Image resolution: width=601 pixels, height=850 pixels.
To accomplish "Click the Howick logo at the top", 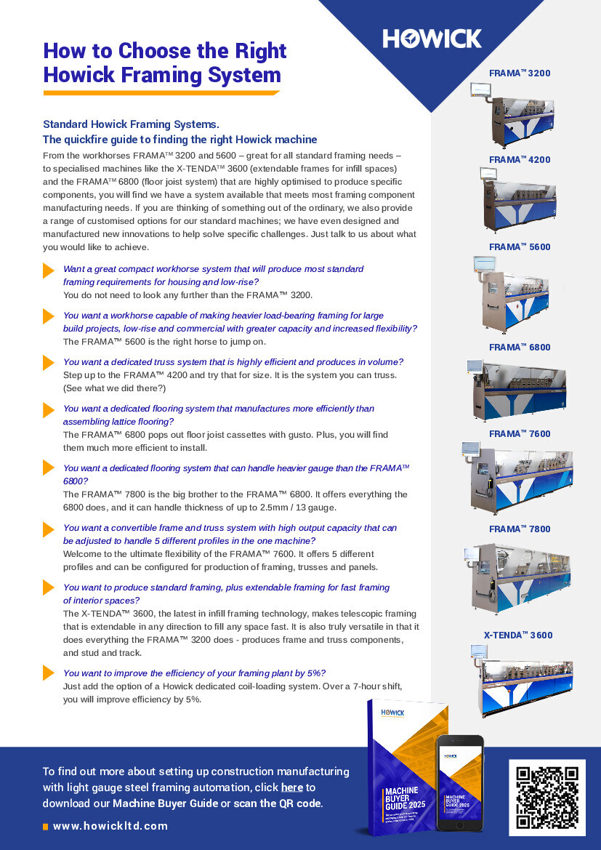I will [432, 39].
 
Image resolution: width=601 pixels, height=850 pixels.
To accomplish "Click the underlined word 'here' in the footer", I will [291, 787].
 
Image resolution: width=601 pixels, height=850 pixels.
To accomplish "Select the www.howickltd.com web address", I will [110, 826].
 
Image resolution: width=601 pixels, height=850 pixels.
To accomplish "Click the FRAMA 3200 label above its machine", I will [520, 73].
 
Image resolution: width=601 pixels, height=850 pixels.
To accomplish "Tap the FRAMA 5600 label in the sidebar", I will [520, 247].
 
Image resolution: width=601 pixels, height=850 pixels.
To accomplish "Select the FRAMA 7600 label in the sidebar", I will [520, 434].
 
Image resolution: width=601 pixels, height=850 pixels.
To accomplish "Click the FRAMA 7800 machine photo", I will [519, 575].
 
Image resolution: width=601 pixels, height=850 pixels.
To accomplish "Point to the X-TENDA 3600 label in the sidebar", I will [518, 636].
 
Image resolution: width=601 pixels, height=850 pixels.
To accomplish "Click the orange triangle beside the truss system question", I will [49, 362].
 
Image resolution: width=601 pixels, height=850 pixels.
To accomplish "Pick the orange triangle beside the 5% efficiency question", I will [49, 673].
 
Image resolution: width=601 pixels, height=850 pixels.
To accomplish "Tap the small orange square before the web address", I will [46, 827].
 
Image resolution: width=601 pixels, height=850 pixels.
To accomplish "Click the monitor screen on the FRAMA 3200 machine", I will [480, 89].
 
